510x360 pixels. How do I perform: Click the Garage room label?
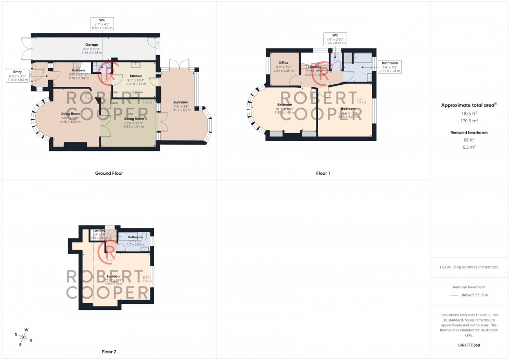(92, 45)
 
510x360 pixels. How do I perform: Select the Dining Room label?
(134, 119)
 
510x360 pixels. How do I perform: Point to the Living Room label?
(70, 113)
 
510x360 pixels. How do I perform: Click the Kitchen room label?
(135, 76)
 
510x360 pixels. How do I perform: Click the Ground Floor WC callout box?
(102, 24)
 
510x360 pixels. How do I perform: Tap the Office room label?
(284, 63)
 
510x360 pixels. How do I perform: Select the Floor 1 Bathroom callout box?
(390, 67)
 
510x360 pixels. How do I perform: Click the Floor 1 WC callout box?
(335, 38)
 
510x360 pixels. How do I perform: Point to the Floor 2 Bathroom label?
(135, 237)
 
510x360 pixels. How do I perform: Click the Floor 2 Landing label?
(99, 230)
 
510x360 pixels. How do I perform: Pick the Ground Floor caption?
(109, 173)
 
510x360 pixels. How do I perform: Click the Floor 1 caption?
(323, 173)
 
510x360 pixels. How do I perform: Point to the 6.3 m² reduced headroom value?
(469, 147)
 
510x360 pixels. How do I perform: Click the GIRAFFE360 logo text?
(469, 345)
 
